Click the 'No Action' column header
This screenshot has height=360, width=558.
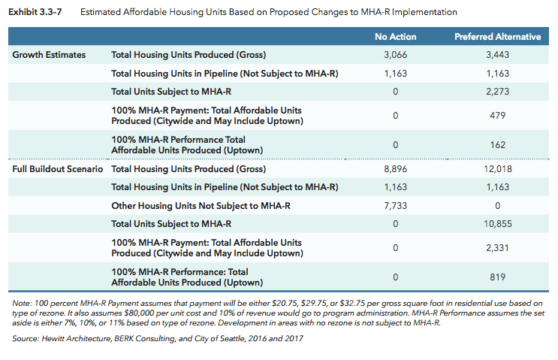pyautogui.click(x=395, y=37)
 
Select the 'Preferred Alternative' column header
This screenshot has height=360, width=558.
pyautogui.click(x=497, y=37)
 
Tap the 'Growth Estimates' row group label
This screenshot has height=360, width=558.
pyautogui.click(x=49, y=55)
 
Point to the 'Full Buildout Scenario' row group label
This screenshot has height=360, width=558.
pyautogui.click(x=58, y=169)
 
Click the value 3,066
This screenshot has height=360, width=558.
pyautogui.click(x=395, y=55)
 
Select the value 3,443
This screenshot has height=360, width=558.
pyautogui.click(x=497, y=55)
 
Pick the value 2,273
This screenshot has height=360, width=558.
pyautogui.click(x=497, y=92)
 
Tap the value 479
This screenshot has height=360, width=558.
pyautogui.click(x=497, y=116)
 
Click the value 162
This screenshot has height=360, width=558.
pyautogui.click(x=497, y=145)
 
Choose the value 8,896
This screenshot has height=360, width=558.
pyautogui.click(x=395, y=169)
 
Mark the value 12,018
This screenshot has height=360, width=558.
pyautogui.click(x=497, y=169)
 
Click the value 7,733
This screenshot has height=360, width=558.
pyautogui.click(x=395, y=205)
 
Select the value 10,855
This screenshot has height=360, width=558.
pyautogui.click(x=497, y=224)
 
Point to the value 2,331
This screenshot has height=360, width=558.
pyautogui.click(x=497, y=248)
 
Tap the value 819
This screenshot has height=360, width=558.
pyautogui.click(x=497, y=277)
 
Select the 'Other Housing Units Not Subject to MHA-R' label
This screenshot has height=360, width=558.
pyautogui.click(x=201, y=205)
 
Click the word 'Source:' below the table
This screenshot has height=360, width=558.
pyautogui.click(x=28, y=339)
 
